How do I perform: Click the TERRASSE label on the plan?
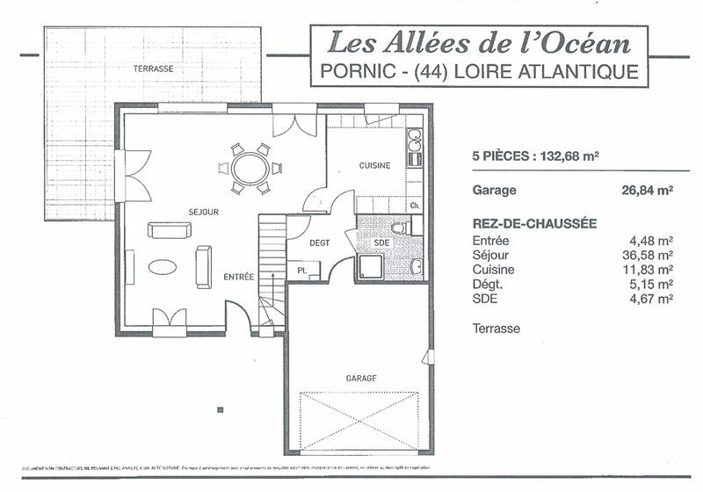(153, 68)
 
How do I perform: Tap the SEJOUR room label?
(203, 213)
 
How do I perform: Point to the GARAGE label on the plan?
(361, 378)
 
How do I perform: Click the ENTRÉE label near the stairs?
(238, 277)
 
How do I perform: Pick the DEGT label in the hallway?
(319, 243)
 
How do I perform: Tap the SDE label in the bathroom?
(381, 242)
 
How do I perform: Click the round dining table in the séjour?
(251, 166)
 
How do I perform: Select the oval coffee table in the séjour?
(165, 267)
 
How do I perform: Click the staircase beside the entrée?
(272, 272)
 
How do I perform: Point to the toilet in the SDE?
(399, 227)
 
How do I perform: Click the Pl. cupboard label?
(301, 271)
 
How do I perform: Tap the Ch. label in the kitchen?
(415, 206)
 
